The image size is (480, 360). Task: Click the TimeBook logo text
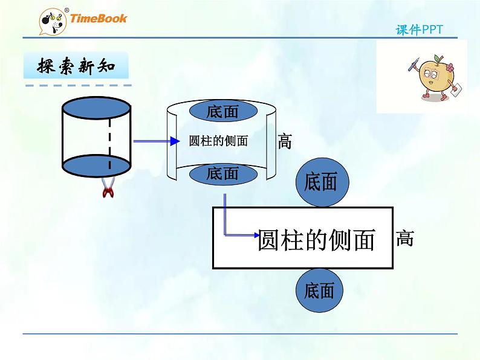click(x=99, y=18)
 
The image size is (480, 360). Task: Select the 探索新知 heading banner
click(x=76, y=66)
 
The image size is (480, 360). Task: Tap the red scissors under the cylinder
click(x=109, y=188)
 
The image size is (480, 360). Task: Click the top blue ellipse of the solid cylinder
click(x=97, y=108)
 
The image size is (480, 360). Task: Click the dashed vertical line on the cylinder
click(x=109, y=138)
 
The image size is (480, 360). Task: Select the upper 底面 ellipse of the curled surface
click(x=222, y=111)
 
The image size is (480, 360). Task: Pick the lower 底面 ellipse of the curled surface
click(x=222, y=174)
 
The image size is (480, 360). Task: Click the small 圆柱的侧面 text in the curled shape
click(x=219, y=141)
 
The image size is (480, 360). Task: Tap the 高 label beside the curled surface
click(x=285, y=141)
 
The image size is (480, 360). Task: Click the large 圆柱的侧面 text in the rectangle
click(x=316, y=240)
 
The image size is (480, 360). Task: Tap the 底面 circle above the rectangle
click(x=321, y=182)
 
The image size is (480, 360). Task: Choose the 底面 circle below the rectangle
click(x=319, y=291)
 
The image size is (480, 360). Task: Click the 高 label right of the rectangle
click(x=404, y=238)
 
